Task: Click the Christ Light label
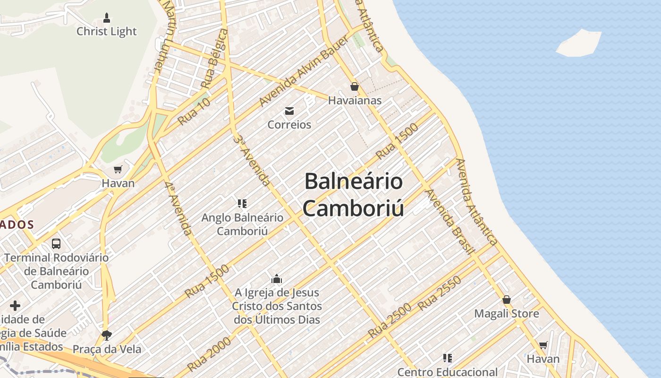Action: (x=106, y=32)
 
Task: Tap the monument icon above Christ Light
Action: (x=107, y=18)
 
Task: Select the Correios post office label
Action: (x=289, y=125)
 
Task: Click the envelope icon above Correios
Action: (x=289, y=111)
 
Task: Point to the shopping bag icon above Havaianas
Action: (x=355, y=86)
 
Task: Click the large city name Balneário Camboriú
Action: (x=353, y=195)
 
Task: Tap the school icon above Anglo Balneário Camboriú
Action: (x=242, y=204)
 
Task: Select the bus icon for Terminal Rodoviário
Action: (x=56, y=244)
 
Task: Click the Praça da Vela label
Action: (x=107, y=349)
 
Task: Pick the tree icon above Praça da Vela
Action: (x=107, y=335)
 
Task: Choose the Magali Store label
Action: (x=507, y=314)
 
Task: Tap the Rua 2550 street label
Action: (x=440, y=293)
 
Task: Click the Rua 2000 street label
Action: (x=209, y=354)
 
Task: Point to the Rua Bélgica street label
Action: (x=214, y=59)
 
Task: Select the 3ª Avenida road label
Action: (x=253, y=161)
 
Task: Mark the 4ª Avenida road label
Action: (x=179, y=208)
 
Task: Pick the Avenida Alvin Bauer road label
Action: (x=304, y=71)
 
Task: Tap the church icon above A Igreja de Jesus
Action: (x=277, y=279)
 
